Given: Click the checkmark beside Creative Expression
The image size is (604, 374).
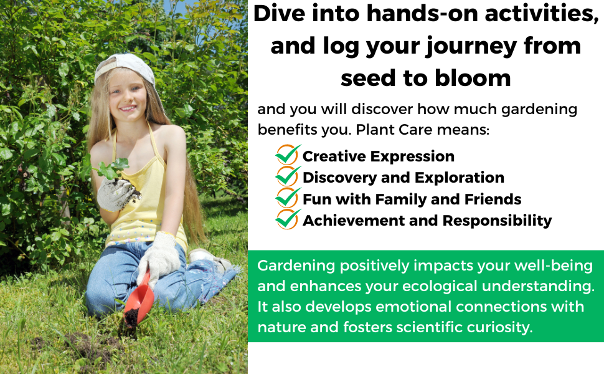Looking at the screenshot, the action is click(288, 155).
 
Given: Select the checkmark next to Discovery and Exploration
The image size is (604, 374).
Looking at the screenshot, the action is click(288, 176).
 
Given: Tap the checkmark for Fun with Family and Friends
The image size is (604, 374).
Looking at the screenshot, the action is click(288, 198).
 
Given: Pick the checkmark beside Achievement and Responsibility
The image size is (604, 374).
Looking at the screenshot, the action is click(288, 219).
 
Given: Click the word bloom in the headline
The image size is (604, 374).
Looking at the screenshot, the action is click(473, 78).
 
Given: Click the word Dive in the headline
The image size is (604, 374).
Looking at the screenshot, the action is click(280, 13).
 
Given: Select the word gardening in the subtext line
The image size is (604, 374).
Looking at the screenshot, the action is click(539, 110).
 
